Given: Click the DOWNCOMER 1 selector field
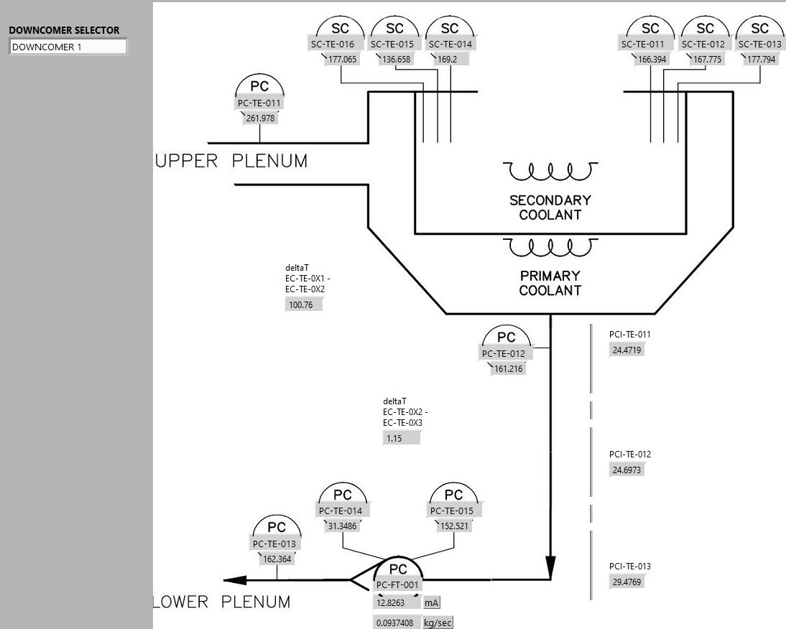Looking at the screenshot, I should [x=68, y=47].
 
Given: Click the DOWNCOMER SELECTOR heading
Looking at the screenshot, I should [x=64, y=30].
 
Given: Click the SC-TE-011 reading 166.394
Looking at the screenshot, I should [x=652, y=60].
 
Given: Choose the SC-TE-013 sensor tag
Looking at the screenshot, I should [x=759, y=45].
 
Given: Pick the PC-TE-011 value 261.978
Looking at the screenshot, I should [x=260, y=118].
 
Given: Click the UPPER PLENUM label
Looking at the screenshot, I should [x=231, y=162].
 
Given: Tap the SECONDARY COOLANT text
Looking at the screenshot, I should [x=550, y=207].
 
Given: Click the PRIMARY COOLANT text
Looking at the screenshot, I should [x=550, y=283].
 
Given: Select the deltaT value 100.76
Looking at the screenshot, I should [x=303, y=304].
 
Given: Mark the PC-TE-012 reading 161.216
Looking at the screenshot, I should [x=508, y=369].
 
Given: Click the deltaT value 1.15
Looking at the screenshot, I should [x=401, y=438].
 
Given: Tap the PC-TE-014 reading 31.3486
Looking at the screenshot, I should [x=343, y=526].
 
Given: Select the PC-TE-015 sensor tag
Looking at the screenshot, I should [x=453, y=511].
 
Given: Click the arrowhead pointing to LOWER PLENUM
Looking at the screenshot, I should [x=235, y=580].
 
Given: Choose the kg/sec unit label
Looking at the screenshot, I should [x=438, y=623].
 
